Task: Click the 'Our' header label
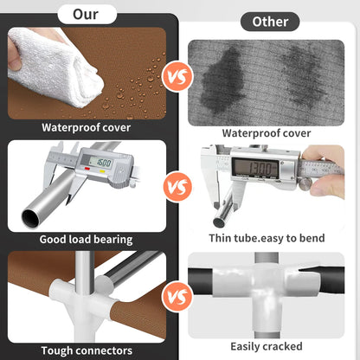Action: [87, 15]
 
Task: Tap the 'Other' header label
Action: [270, 22]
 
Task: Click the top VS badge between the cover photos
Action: [177, 77]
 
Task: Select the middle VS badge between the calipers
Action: [177, 187]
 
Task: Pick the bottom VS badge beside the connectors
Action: [177, 296]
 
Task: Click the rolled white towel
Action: [55, 68]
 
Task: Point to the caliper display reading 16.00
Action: [100, 163]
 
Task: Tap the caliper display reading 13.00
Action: [254, 168]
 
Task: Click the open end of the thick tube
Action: [30, 218]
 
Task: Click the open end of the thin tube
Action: [219, 222]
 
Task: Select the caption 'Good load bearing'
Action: [86, 240]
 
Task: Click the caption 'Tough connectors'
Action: [87, 350]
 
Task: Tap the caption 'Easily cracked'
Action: [267, 346]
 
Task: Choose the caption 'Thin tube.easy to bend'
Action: [267, 238]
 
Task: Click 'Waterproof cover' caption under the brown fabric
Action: [86, 127]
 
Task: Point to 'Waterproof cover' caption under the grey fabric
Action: [267, 133]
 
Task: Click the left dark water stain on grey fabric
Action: [223, 80]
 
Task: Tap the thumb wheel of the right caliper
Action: [305, 183]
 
